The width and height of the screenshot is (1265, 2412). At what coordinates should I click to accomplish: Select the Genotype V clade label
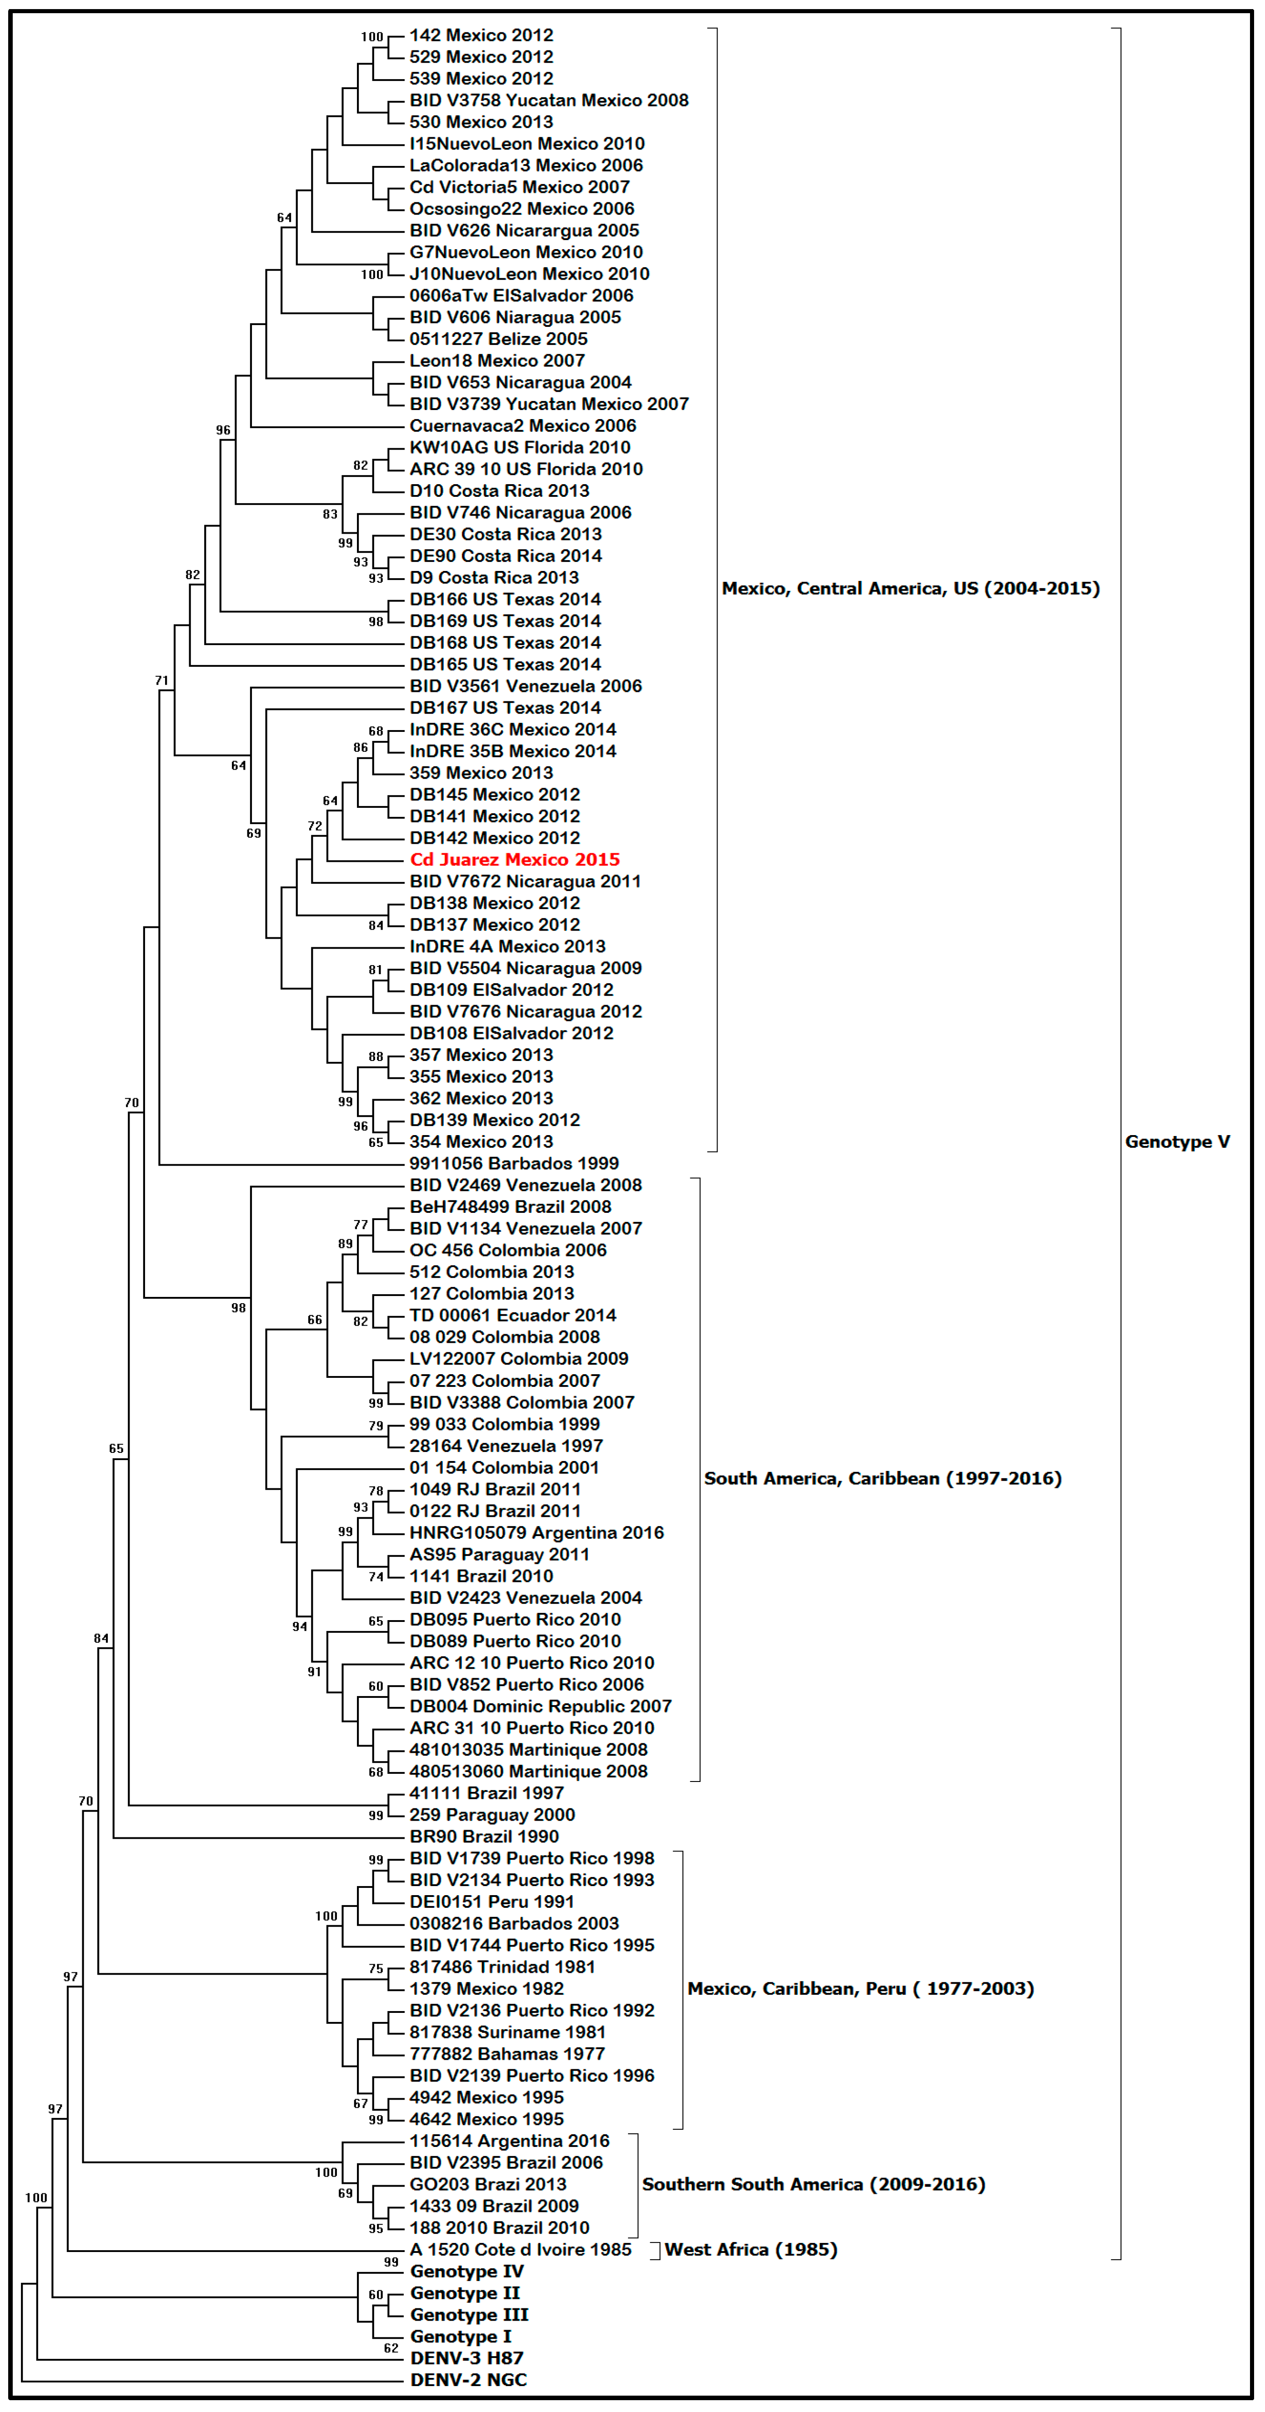1177,1141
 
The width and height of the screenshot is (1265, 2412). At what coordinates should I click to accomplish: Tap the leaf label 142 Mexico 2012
481,35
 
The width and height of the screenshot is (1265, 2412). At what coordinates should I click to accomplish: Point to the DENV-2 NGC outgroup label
468,2379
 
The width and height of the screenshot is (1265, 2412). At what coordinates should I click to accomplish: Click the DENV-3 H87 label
466,2358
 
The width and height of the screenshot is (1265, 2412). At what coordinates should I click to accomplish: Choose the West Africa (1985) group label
751,2249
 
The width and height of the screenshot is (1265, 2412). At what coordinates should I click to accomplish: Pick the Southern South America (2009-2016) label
813,2183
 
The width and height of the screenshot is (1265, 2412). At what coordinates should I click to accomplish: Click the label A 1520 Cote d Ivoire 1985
521,2249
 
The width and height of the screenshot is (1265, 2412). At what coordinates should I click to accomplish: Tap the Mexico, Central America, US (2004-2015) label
910,588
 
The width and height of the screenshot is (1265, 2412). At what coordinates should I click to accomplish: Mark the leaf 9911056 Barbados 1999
514,1163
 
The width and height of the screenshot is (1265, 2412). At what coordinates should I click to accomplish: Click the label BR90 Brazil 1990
484,1836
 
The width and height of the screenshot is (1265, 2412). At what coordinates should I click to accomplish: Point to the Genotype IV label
466,2271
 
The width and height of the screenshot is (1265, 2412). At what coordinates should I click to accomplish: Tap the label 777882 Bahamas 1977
507,2053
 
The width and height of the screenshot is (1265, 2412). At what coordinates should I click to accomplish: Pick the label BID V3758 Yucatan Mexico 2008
549,100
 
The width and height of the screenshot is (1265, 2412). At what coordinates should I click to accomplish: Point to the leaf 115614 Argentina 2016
509,2141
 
